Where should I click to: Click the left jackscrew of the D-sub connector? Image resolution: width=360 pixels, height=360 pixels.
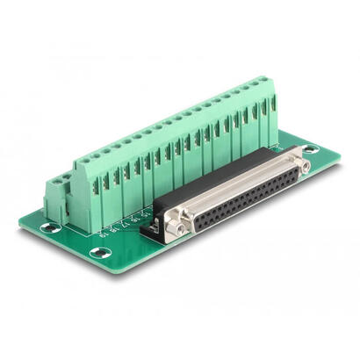pos(180,227)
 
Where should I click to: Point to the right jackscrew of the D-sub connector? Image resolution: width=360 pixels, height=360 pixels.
pos(304,164)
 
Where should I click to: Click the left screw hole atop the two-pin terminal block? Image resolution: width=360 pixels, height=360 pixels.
pos(49,180)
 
